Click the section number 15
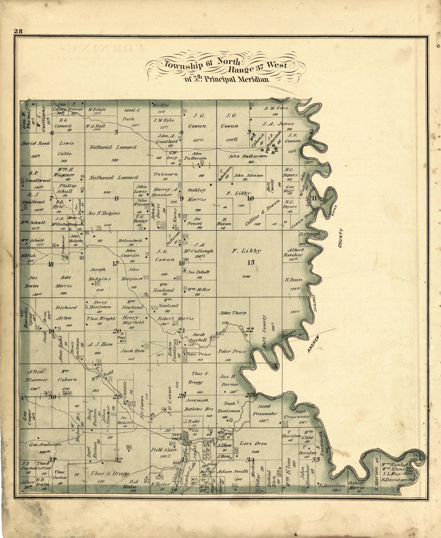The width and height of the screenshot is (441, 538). click(x=251, y=263)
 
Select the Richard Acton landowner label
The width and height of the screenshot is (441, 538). click(x=66, y=313)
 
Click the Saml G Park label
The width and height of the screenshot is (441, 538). click(x=132, y=115)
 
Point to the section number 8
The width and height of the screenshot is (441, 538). click(x=116, y=199)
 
